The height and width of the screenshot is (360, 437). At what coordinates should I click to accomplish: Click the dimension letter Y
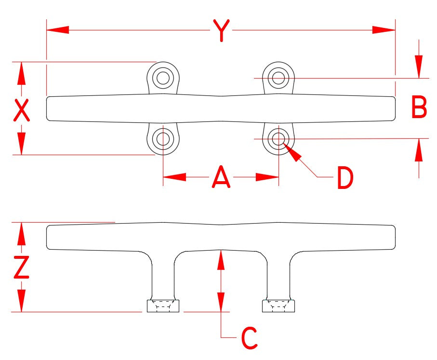[222, 30]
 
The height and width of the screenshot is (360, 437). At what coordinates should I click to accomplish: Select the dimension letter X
[22, 110]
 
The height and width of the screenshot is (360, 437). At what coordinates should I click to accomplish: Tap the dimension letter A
[221, 177]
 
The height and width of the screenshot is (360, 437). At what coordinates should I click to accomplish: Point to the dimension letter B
[419, 107]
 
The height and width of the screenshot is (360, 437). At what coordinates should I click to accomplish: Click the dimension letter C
[249, 338]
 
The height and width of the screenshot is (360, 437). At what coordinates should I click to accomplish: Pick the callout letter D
[345, 178]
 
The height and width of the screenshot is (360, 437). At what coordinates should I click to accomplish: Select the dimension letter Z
[22, 267]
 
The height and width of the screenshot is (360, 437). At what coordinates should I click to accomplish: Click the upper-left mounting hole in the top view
[163, 78]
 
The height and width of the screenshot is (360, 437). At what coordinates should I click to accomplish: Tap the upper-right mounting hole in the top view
[278, 78]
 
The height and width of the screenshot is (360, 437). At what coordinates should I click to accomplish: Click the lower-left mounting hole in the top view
[163, 138]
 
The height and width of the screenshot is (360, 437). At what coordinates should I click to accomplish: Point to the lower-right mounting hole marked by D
[278, 138]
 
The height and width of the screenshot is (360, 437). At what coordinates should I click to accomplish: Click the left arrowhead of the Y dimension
[58, 30]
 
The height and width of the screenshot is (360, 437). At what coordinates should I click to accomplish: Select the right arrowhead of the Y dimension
[384, 30]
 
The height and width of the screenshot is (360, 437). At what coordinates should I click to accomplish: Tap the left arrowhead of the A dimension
[174, 177]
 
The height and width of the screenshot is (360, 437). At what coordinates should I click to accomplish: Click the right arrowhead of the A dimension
[267, 177]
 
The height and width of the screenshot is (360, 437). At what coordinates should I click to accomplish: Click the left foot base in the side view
[163, 306]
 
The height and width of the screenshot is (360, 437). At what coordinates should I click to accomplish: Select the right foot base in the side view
[278, 306]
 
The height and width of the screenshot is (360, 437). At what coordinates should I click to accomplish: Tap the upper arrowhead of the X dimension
[22, 73]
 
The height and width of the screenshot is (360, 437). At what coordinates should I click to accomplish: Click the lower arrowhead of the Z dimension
[22, 301]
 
